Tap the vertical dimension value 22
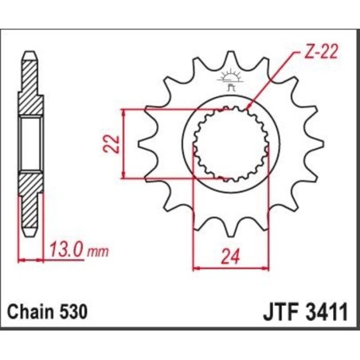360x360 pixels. click(113, 143)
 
